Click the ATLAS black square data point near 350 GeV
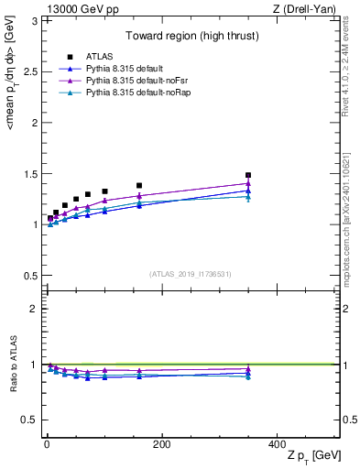pos(248,175)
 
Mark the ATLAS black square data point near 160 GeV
pos(139,185)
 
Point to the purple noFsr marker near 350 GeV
pos(248,183)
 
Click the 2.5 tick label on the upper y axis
pos(34,71)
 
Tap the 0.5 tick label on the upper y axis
pos(34,276)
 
